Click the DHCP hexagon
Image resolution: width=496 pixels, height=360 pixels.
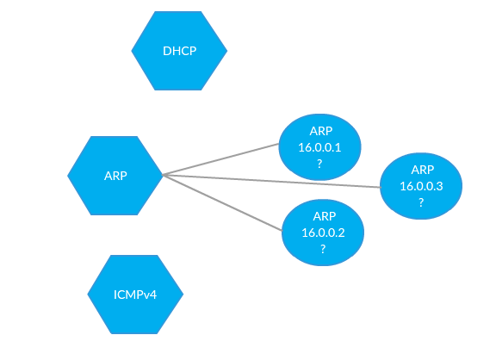[x=179, y=51]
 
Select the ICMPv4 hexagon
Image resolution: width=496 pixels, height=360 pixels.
[x=135, y=295]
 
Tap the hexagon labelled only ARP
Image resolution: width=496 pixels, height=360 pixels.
[x=115, y=176]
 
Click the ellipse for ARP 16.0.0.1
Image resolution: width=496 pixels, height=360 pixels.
[x=319, y=147]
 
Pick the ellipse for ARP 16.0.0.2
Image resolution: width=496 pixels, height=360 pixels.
[x=323, y=233]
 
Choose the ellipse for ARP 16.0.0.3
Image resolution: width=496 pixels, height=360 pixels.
[x=421, y=186]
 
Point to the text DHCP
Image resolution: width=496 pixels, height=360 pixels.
[x=180, y=51]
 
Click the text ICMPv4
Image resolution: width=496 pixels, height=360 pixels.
[x=135, y=295]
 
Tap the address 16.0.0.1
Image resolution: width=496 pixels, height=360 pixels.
[x=319, y=147]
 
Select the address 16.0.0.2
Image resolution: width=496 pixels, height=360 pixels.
[x=323, y=233]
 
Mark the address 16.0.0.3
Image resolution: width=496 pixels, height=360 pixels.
[x=421, y=186]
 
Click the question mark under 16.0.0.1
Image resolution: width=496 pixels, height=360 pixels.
[x=319, y=164]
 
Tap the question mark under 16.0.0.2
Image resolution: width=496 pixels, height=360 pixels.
[x=323, y=249]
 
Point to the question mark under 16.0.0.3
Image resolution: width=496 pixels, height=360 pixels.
[x=421, y=202]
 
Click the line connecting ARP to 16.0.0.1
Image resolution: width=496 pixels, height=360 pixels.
[x=220, y=159]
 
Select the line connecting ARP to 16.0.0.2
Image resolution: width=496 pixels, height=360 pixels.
[x=222, y=202]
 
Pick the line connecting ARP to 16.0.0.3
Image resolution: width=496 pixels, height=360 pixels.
[x=271, y=181]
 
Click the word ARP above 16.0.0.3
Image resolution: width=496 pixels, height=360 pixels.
[x=423, y=170]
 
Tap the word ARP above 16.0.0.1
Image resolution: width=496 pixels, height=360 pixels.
[x=321, y=131]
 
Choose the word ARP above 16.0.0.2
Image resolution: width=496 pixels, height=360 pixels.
[x=325, y=216]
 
